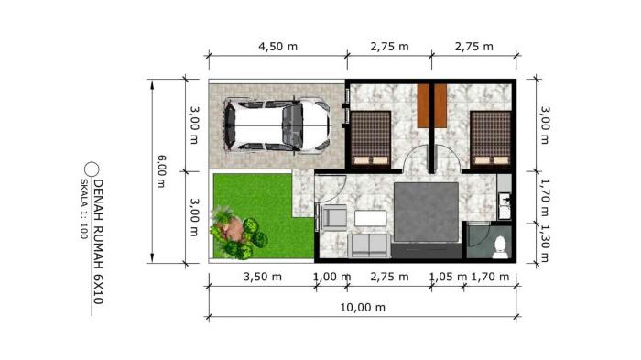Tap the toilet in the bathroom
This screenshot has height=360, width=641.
click(x=499, y=244)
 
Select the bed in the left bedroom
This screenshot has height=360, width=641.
click(x=371, y=137)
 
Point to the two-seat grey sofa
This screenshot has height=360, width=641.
click(x=371, y=245)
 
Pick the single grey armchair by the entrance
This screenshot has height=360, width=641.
click(x=333, y=218)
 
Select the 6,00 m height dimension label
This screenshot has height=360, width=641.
click(x=162, y=170)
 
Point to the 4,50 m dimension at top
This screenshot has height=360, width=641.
click(x=277, y=47)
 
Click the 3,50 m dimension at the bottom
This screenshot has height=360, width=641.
click(x=262, y=276)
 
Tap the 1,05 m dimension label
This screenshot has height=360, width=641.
click(x=449, y=276)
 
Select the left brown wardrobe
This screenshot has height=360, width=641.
click(x=422, y=106)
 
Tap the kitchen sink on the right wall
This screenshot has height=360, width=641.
click(x=504, y=204)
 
